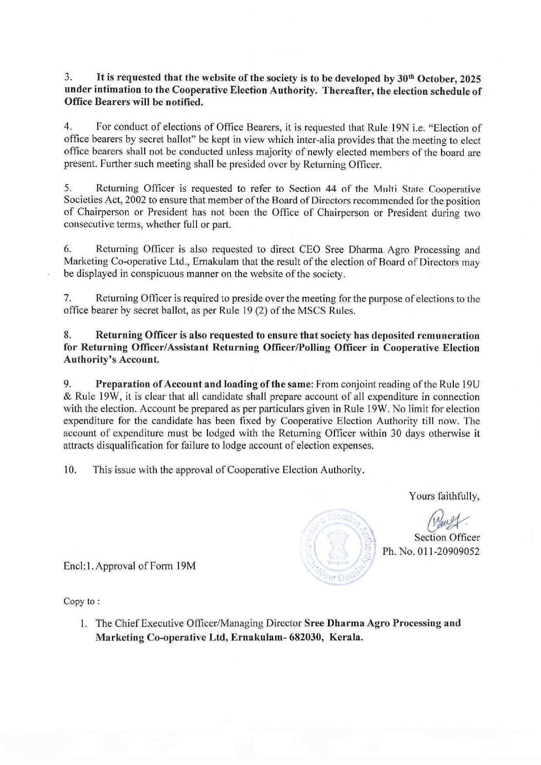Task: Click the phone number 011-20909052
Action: [x=449, y=551]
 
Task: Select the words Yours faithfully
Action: [x=444, y=496]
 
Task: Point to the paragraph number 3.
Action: [x=68, y=78]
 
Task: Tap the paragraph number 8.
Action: [x=68, y=335]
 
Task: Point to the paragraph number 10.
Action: [x=70, y=470]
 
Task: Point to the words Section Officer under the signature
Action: [x=447, y=537]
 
